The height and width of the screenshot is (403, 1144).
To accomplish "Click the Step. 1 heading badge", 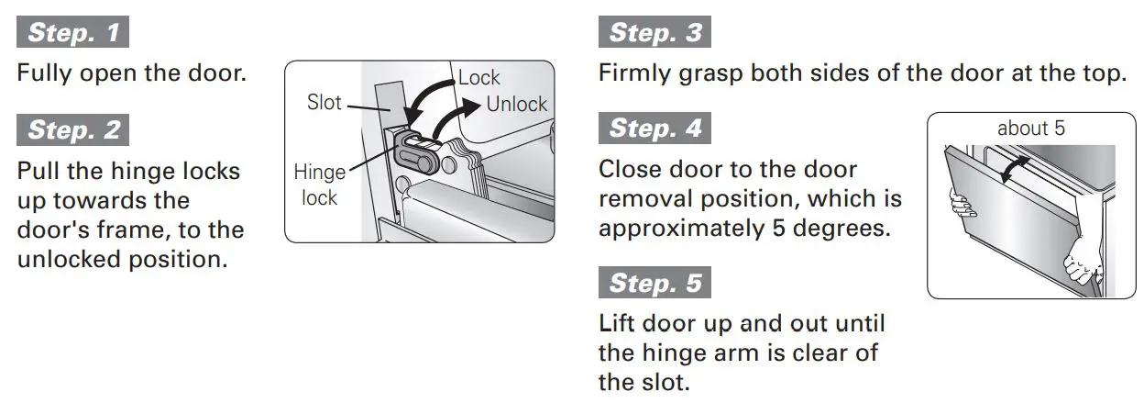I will (73, 33).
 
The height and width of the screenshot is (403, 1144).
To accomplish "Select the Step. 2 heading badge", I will (73, 129).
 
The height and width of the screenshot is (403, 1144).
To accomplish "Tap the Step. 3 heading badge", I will (654, 33).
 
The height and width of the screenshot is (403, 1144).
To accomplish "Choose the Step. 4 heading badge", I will (654, 128).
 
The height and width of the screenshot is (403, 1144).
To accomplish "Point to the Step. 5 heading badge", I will (654, 282).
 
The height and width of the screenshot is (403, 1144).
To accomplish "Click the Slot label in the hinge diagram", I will (324, 103).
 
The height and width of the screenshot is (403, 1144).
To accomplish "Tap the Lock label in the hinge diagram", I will (479, 78).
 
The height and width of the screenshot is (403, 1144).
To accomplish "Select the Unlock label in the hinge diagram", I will (516, 105).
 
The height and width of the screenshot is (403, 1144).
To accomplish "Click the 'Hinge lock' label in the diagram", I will (319, 184).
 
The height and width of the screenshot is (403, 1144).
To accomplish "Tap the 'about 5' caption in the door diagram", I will (1030, 129).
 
